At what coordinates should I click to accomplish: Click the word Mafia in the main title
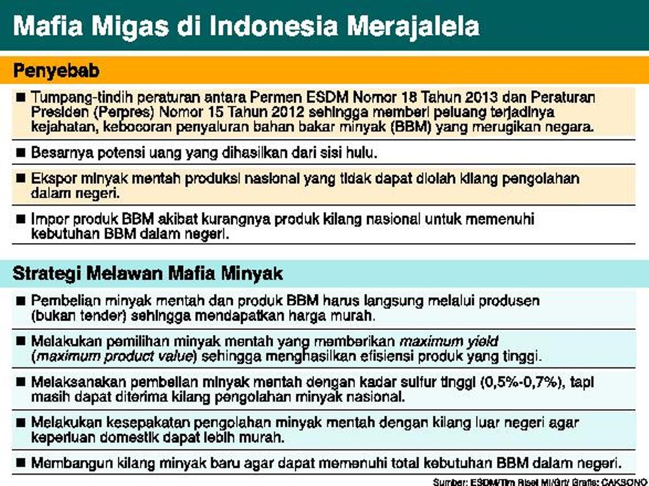point(49,26)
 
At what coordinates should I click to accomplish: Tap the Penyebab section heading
point(56,71)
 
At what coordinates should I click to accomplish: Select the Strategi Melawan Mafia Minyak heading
point(148,273)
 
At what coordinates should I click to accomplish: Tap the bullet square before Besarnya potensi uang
point(20,153)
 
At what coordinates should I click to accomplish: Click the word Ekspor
point(51,179)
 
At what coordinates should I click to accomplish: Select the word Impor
point(48,220)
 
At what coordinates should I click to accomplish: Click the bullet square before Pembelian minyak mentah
point(20,300)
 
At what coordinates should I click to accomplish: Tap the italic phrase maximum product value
point(115,356)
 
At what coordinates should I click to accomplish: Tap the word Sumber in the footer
point(447,482)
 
